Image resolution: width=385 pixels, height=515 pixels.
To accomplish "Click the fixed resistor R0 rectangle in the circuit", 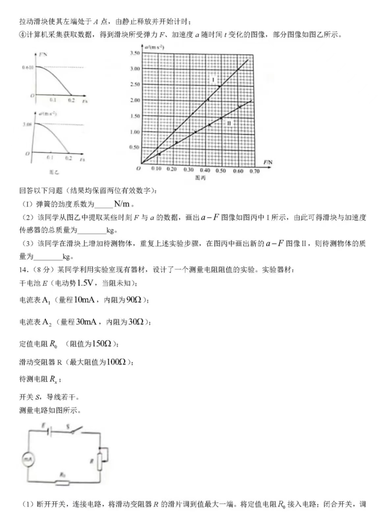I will click(x=62, y=483).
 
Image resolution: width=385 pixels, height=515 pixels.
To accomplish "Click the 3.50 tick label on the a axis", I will click(x=135, y=53).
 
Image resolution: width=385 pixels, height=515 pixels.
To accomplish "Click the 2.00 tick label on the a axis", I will click(x=135, y=100).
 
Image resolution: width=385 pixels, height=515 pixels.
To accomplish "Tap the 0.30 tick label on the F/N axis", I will click(x=189, y=170).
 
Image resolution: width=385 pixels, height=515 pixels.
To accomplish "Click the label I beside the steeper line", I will click(x=213, y=80).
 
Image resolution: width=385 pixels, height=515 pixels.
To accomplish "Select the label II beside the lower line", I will click(x=229, y=123).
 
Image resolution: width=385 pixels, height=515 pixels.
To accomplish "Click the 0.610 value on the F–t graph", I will click(x=28, y=68).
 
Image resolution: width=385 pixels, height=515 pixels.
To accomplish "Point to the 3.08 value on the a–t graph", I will click(x=27, y=124).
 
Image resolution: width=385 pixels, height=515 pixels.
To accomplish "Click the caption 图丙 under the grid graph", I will click(x=200, y=178).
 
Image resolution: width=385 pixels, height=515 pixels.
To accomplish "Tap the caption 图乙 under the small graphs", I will click(x=54, y=172).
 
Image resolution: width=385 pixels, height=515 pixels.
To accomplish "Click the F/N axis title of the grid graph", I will click(x=268, y=162).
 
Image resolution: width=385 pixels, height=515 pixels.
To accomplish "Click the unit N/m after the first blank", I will click(x=122, y=204).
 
